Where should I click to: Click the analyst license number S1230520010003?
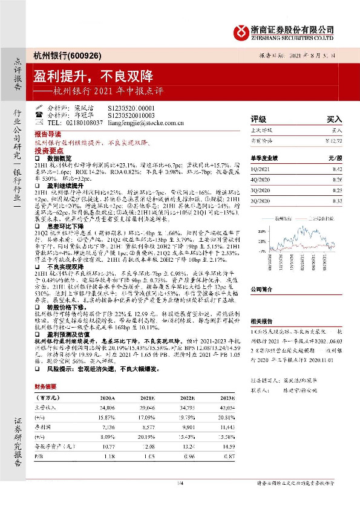tap(131, 114)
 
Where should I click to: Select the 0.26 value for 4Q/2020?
tap(336, 179)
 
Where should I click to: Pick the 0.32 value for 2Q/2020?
tap(336, 199)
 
